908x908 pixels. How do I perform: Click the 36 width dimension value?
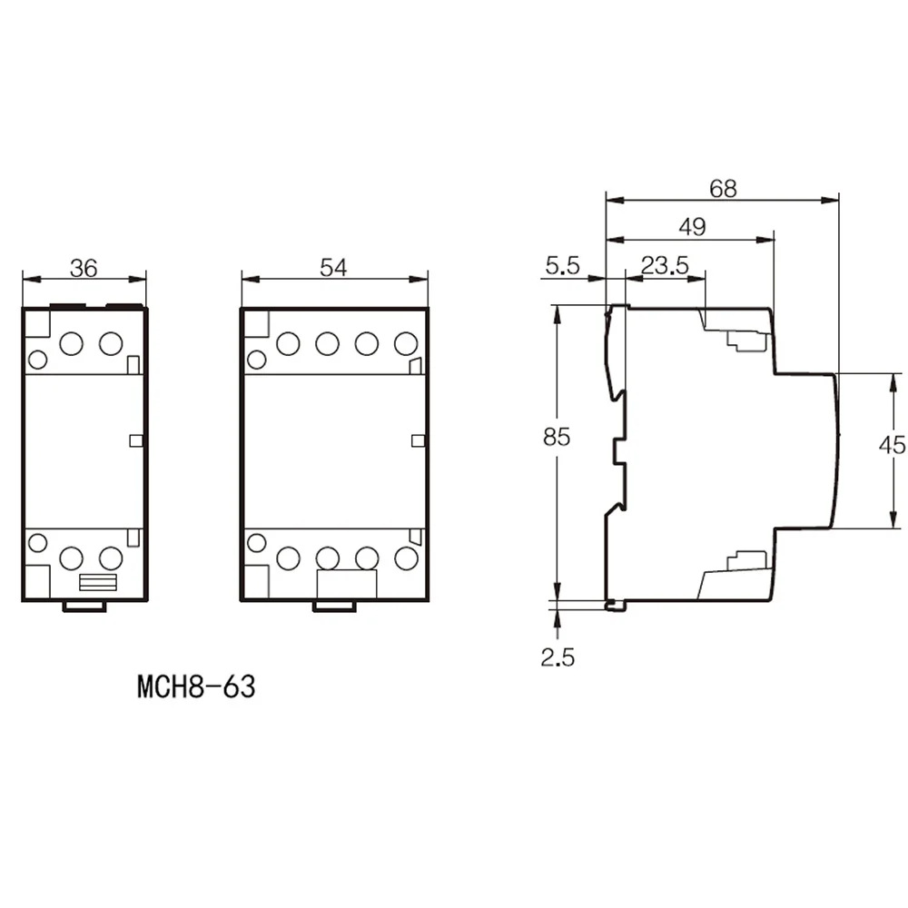point(84,268)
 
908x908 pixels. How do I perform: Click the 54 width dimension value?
point(333,268)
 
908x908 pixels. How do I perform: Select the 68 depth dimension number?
point(724,189)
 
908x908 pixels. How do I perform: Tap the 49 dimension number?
point(693,227)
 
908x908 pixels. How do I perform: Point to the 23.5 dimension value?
point(665,266)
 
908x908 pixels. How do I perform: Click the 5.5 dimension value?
point(562,266)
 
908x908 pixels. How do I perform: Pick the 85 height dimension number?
point(557,438)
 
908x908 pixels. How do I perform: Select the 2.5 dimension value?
point(558,657)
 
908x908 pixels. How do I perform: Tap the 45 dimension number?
point(893,445)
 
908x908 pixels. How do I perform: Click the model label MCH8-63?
point(196,686)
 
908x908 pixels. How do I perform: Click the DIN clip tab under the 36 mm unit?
point(84,607)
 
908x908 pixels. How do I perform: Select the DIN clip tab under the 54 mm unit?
point(334,607)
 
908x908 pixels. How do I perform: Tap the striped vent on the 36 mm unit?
point(98,583)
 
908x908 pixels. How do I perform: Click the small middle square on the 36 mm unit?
point(136,440)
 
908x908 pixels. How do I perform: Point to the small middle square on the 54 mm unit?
point(418,440)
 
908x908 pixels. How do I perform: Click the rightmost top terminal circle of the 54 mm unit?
point(406,344)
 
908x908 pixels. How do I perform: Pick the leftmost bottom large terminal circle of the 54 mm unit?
point(289,558)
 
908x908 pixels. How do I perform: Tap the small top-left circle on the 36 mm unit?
point(37,360)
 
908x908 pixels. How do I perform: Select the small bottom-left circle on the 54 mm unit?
point(257,543)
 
